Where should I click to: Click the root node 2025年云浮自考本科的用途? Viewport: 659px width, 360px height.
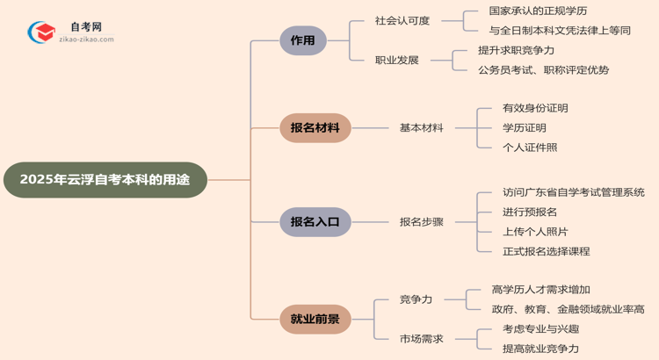[x=105, y=180]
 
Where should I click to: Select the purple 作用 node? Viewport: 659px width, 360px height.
[x=303, y=40]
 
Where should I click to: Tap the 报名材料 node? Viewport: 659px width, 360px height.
[x=315, y=127]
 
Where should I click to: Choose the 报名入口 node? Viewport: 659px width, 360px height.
[x=315, y=222]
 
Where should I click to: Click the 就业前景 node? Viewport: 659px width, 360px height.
[x=315, y=319]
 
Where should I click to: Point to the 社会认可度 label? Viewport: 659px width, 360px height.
[x=402, y=21]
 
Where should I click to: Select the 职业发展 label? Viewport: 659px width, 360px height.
[x=397, y=61]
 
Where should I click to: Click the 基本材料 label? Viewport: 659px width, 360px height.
[x=422, y=127]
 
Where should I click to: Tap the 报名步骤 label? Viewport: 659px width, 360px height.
[x=422, y=222]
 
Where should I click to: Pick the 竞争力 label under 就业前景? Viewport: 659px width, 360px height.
[x=416, y=299]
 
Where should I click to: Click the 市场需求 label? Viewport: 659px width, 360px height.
[x=422, y=339]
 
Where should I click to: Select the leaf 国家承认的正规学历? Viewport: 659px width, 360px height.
[x=538, y=11]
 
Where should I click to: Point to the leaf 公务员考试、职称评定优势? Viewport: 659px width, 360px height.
[x=543, y=70]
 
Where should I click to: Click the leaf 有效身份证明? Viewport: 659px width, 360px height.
[x=535, y=108]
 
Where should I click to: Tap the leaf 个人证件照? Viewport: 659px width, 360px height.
[x=530, y=148]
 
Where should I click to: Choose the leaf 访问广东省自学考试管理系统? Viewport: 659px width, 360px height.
[x=574, y=192]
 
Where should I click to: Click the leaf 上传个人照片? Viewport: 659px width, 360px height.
[x=535, y=232]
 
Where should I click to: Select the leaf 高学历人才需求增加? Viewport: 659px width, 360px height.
[x=541, y=290]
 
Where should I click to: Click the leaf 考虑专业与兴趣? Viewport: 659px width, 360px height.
[x=541, y=329]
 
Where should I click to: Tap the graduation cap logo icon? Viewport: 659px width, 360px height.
[x=41, y=33]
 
